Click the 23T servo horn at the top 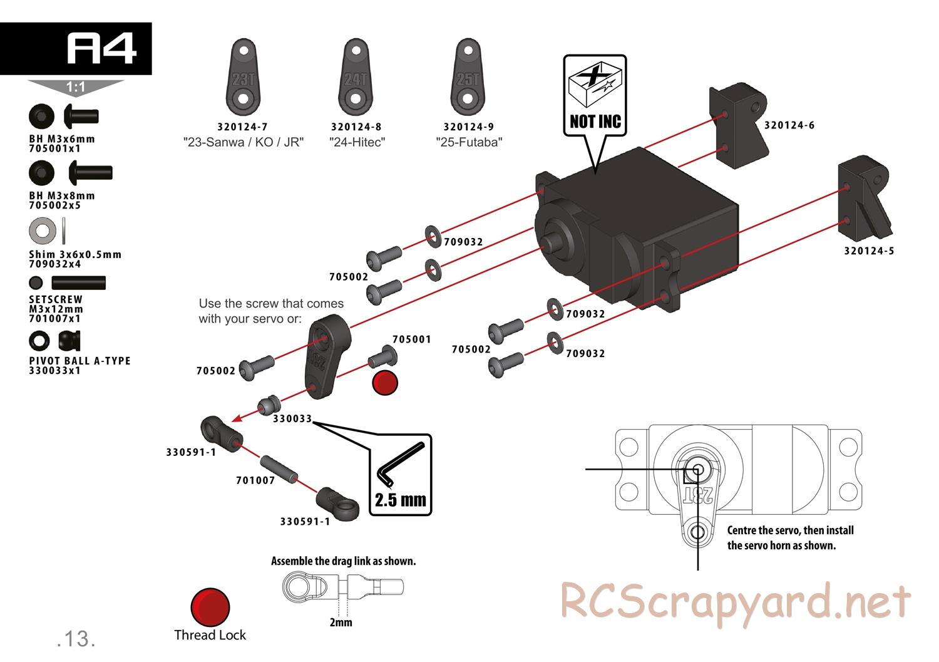click(243, 77)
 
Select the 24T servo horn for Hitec click(356, 77)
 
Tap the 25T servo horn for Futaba click(468, 77)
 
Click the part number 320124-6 click(789, 125)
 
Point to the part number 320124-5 click(869, 251)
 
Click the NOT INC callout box click(595, 96)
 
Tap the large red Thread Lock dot click(210, 607)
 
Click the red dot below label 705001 click(385, 383)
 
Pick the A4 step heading click(102, 48)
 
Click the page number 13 click(76, 639)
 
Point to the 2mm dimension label click(341, 622)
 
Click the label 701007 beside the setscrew click(255, 480)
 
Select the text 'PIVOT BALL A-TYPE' click(80, 361)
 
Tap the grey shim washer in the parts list click(43, 230)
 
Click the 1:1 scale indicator click(76, 87)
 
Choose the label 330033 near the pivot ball click(292, 418)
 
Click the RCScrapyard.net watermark click(736, 603)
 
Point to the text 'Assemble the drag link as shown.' click(343, 561)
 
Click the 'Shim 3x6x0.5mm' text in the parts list click(75, 254)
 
